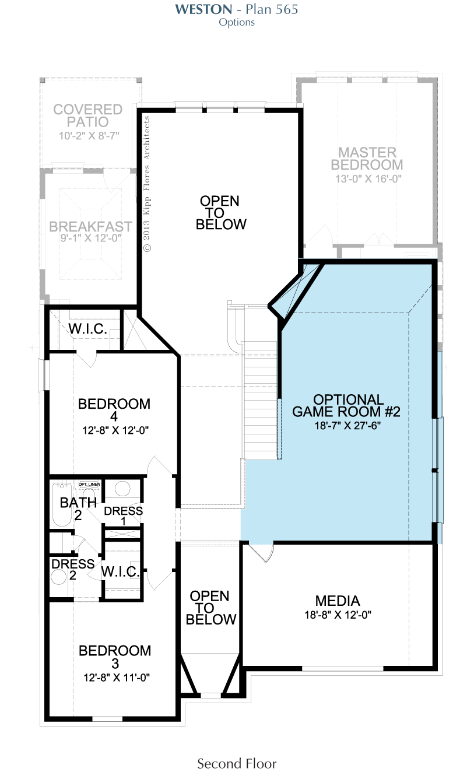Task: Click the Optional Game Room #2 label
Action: point(346,405)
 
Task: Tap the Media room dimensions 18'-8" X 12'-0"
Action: point(338,615)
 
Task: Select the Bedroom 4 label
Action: point(114,410)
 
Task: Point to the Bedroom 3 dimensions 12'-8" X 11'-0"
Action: point(117,678)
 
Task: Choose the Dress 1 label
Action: point(124,516)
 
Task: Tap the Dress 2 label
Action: point(73,569)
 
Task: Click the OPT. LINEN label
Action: point(89,484)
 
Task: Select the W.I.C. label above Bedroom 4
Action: point(87,329)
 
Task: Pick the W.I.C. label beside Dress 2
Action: point(120,571)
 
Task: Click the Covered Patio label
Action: point(87,116)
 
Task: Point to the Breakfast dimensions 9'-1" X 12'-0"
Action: point(91,238)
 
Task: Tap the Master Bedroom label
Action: point(367,159)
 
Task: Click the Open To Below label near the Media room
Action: point(210,608)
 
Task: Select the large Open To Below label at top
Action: point(221,212)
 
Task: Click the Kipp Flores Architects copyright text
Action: point(147,184)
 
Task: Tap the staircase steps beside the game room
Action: point(260,400)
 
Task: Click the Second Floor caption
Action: point(237,763)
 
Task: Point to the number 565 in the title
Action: point(286,9)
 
